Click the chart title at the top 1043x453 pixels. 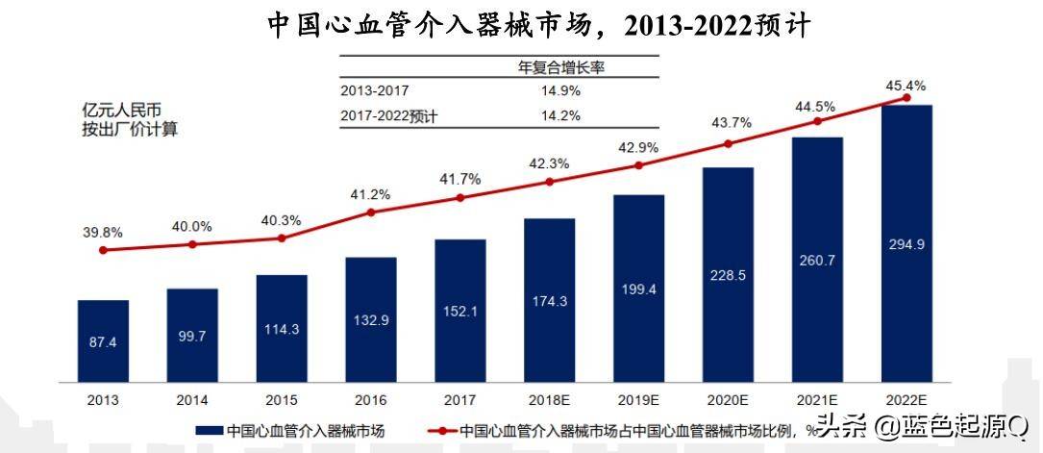(x=539, y=25)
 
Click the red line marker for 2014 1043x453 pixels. (x=192, y=244)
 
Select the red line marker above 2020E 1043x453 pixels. (x=728, y=144)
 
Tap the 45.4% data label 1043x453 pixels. (x=906, y=86)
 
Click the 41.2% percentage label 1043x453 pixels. (x=371, y=195)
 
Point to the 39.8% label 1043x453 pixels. (x=103, y=234)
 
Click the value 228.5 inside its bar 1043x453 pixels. (x=728, y=275)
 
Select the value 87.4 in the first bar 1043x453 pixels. (x=103, y=342)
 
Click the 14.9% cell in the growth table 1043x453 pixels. (x=561, y=91)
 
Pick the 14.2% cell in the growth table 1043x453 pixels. (x=561, y=116)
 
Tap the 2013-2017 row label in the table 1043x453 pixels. (x=375, y=91)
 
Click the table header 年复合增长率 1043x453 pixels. (x=560, y=67)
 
